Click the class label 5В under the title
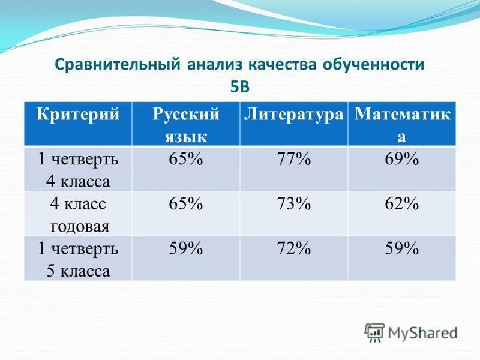(239, 86)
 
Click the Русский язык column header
(185, 124)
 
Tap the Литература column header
(293, 114)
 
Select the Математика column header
(401, 124)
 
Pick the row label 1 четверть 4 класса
(79, 169)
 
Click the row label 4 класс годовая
(79, 214)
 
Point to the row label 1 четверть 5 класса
(79, 259)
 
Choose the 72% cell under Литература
(293, 248)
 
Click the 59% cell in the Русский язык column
(185, 248)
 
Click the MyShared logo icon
(375, 332)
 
